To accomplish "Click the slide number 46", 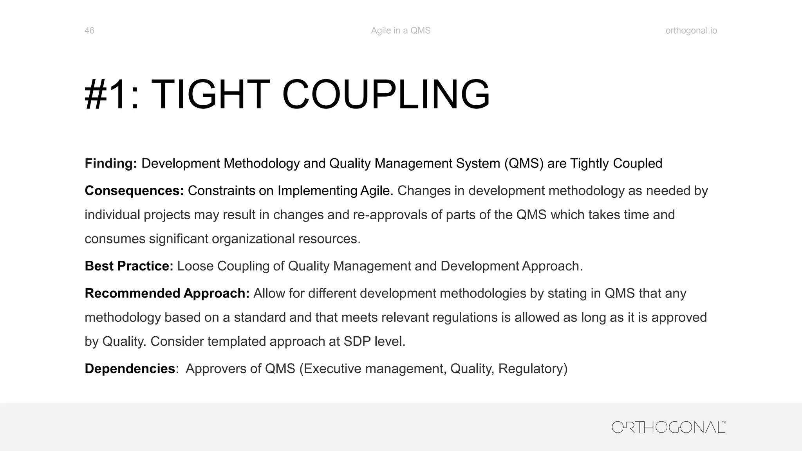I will (x=89, y=31).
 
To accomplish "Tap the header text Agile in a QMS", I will (x=401, y=31).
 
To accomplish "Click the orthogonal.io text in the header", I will (x=691, y=31).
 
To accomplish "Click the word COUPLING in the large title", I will (x=386, y=95).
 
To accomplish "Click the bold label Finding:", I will (x=111, y=164).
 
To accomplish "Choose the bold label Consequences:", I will (x=134, y=191).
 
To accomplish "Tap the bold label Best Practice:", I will (x=129, y=266).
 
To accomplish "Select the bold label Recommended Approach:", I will (x=167, y=293).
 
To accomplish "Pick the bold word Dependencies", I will (x=130, y=369).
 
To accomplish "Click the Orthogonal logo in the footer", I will (x=668, y=427).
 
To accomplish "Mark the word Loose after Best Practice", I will (x=195, y=266).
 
